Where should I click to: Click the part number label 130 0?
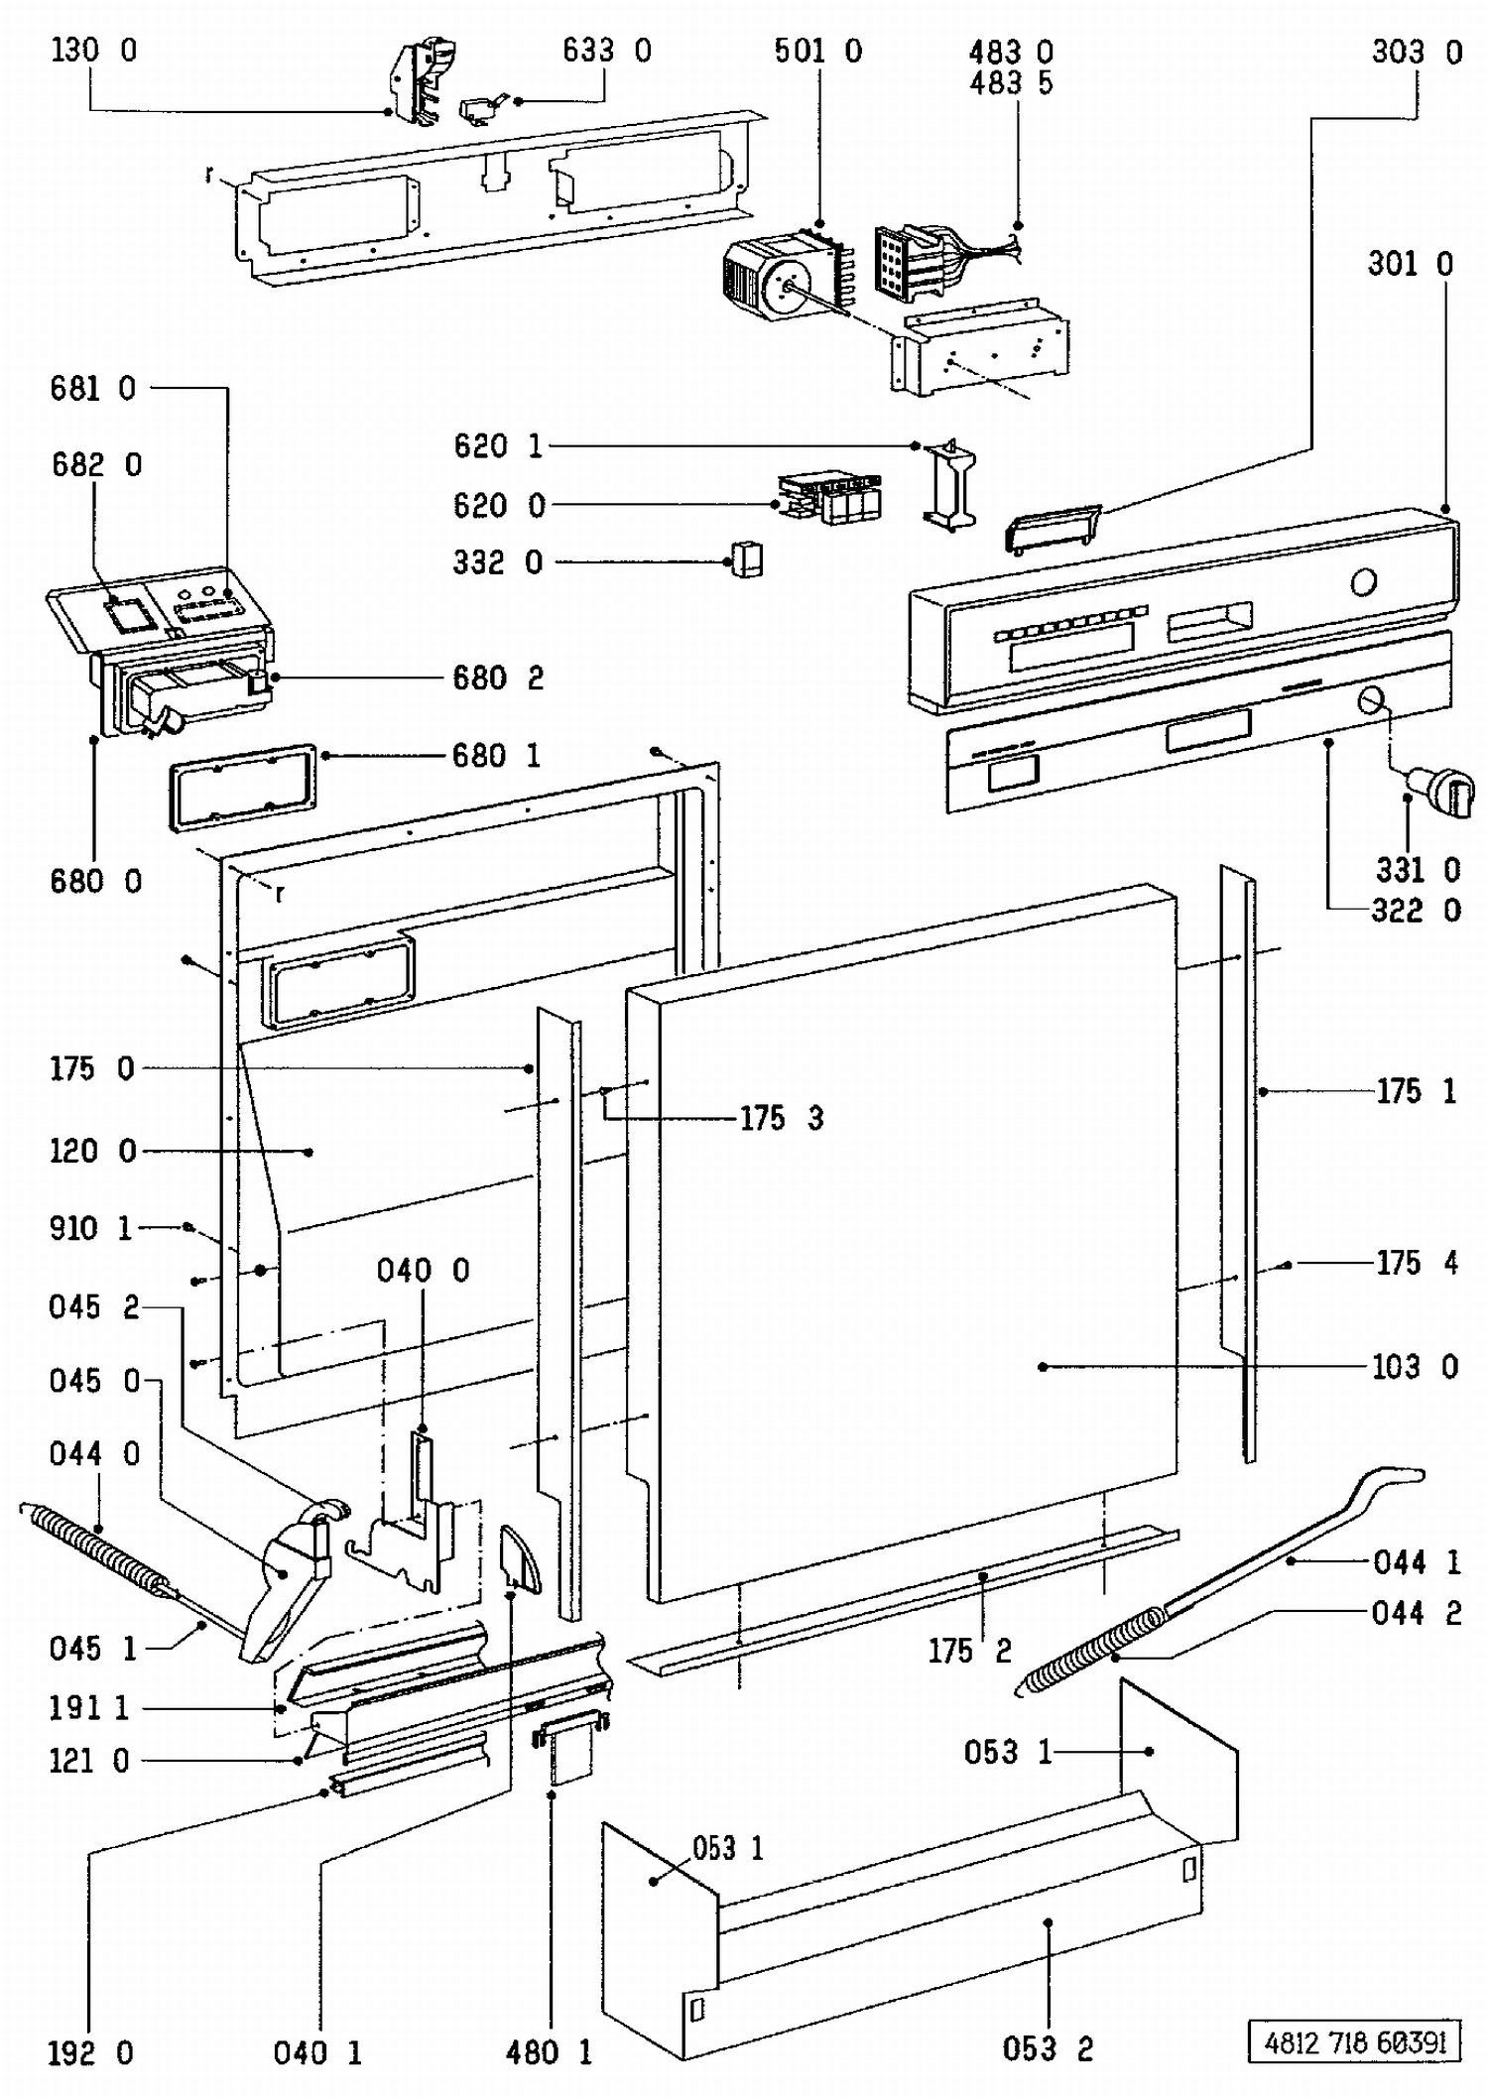pos(94,50)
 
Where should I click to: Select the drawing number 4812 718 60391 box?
pos(1354,2042)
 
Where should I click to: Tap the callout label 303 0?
pos(1417,52)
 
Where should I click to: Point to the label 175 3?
pos(782,1118)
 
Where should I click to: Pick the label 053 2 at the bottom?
pos(1048,2049)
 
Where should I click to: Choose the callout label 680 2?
pos(498,678)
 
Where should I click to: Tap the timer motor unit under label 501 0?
pos(784,275)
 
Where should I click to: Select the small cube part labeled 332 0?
pos(747,558)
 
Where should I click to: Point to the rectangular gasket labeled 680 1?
pos(244,788)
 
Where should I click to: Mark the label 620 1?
pos(498,446)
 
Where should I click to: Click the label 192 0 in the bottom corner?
pos(90,2052)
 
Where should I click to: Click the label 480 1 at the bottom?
pos(549,2052)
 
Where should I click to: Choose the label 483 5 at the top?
pos(1011,83)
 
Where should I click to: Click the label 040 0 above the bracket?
pos(423,1270)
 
